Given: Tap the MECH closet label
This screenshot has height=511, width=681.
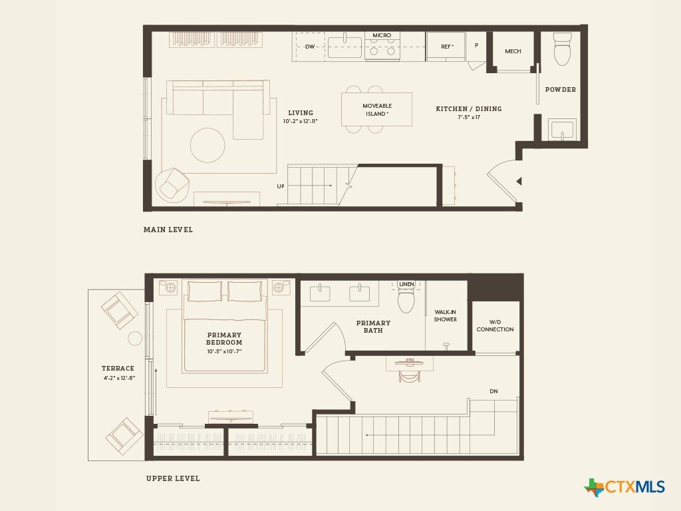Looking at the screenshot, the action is tap(513, 51).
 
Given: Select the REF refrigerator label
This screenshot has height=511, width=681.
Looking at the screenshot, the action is tap(447, 47).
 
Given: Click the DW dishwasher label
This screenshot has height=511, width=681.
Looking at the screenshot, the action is tap(310, 47).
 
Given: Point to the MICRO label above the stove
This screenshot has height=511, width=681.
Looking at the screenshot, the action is tap(382, 35).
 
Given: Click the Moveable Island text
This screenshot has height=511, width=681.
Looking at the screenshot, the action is tap(377, 110).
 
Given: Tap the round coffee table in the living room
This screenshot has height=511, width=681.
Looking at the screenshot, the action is tap(207, 145).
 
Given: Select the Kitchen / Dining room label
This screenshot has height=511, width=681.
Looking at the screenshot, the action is tap(469, 108).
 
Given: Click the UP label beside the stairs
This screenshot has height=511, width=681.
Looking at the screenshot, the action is tap(281, 186).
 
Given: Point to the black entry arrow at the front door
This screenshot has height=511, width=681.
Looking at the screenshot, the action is tap(518, 181).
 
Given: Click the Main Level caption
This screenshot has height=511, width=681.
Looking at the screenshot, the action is tap(168, 230).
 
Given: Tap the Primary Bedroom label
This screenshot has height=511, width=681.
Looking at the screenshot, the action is tap(224, 339).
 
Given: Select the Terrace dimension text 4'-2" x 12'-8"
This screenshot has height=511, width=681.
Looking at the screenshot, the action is tap(120, 378).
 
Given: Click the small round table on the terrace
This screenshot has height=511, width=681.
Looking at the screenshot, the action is tap(135, 339).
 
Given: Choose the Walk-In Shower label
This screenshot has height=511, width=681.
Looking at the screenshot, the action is tap(446, 315).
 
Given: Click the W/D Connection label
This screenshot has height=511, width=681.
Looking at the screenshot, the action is tap(495, 325).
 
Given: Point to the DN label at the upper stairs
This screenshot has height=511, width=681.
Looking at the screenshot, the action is tap(494, 391).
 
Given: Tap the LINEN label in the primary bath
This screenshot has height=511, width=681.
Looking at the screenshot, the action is tap(406, 284).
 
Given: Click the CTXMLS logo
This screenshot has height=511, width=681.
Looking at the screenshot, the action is tap(624, 487).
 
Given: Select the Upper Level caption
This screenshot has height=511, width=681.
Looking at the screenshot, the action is tap(173, 478).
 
